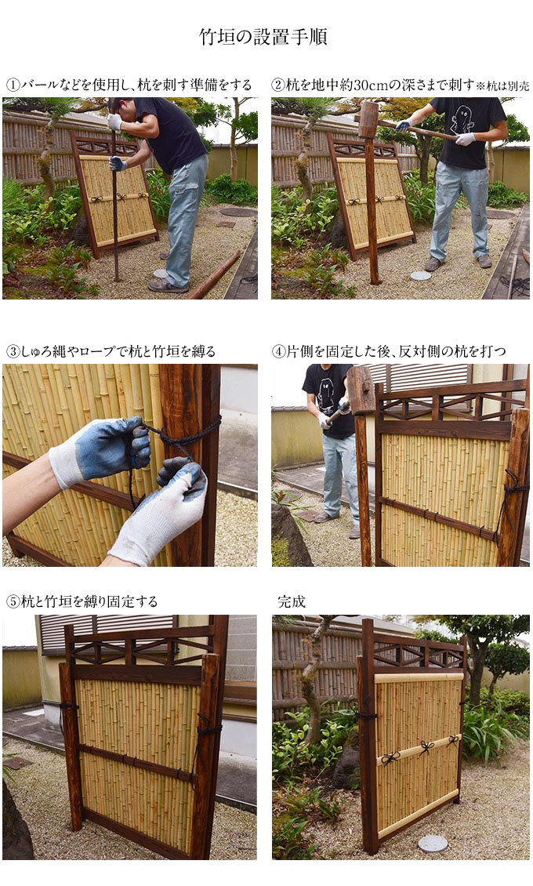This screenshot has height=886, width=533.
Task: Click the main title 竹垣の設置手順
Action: click(x=263, y=37)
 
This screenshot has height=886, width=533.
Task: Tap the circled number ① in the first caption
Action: click(x=13, y=85)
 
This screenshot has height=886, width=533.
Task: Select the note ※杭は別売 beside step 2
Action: click(x=502, y=86)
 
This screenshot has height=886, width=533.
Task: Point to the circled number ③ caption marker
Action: click(x=13, y=351)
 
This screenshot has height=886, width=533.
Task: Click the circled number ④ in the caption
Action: click(x=279, y=351)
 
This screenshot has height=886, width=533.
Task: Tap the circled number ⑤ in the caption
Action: click(x=13, y=602)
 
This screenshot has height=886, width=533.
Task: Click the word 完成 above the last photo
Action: click(x=292, y=602)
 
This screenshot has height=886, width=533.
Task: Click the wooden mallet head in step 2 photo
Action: click(x=368, y=120)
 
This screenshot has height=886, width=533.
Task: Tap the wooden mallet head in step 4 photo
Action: click(x=361, y=390)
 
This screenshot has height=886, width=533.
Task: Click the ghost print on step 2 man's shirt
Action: click(x=463, y=119)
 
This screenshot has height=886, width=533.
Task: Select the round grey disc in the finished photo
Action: click(x=433, y=844)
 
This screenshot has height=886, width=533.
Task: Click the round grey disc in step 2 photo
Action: click(x=420, y=276)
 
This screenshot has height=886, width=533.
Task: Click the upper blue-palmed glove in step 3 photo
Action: click(x=102, y=450)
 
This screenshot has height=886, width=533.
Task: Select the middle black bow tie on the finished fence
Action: click(x=426, y=747)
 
